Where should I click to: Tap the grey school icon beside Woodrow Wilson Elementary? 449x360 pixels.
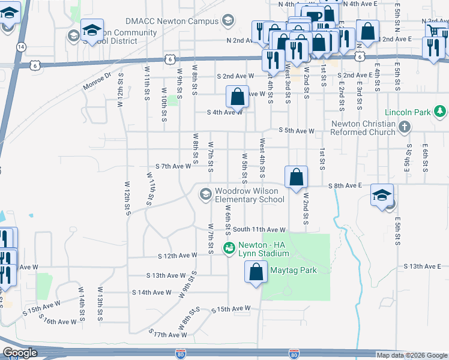205,193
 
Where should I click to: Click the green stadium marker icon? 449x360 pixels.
229,247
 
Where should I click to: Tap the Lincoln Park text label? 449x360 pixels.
409,112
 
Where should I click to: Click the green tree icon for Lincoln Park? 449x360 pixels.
440,111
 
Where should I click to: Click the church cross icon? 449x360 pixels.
405,127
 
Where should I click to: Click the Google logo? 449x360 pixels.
20,353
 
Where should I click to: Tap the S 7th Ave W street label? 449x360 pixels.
173,166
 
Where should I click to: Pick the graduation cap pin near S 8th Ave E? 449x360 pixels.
382,194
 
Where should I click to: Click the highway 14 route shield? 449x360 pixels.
21,46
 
